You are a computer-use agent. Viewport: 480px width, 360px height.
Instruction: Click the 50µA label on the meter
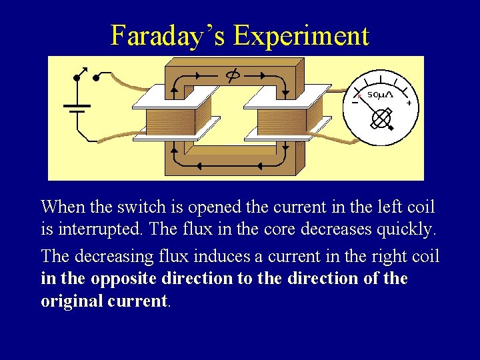click(x=381, y=95)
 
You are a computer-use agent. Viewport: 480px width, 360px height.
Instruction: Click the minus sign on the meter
click(x=355, y=102)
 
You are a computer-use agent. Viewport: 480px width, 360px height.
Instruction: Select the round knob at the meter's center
click(x=380, y=119)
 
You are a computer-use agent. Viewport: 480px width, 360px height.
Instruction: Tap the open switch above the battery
click(x=86, y=75)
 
